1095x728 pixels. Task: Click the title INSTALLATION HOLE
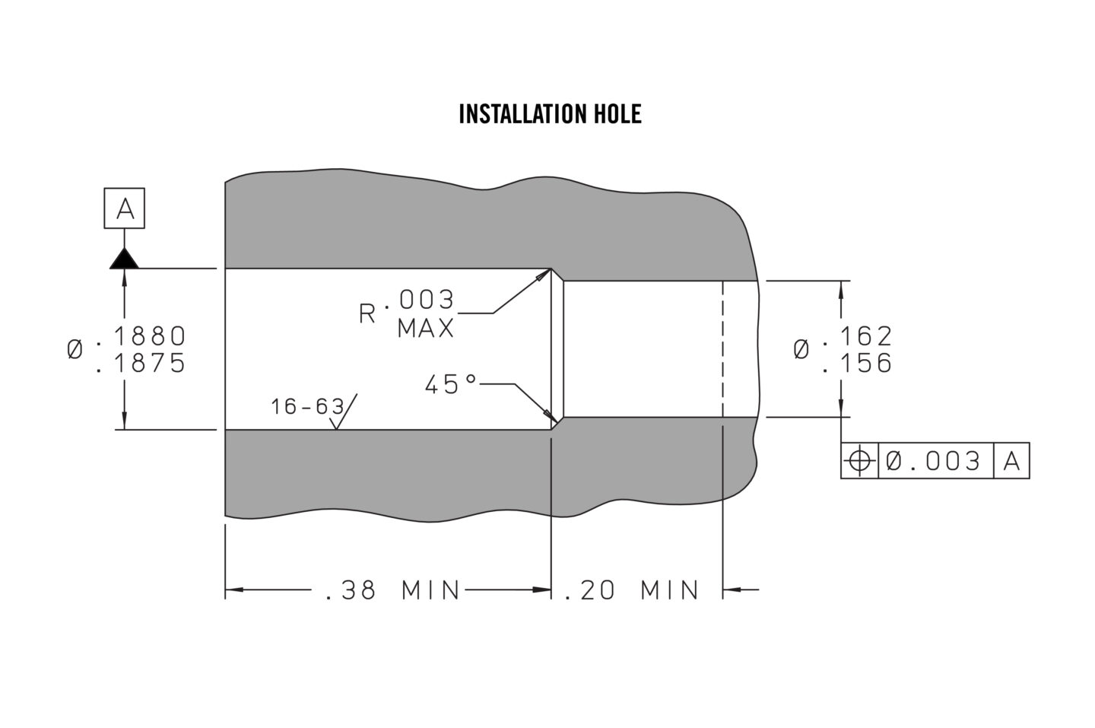coord(550,114)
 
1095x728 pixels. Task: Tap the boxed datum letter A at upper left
coord(125,209)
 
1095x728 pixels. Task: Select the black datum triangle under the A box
coord(124,259)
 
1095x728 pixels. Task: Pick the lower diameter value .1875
coord(141,364)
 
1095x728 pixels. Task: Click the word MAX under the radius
coord(426,329)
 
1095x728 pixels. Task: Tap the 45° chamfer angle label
coord(450,385)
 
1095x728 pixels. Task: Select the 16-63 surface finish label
coord(307,407)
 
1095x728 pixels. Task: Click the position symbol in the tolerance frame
coord(859,460)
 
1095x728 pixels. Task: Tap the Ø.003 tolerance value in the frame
coord(935,460)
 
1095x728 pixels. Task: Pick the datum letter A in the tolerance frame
coord(1011,460)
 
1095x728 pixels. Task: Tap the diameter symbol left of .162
coord(801,350)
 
